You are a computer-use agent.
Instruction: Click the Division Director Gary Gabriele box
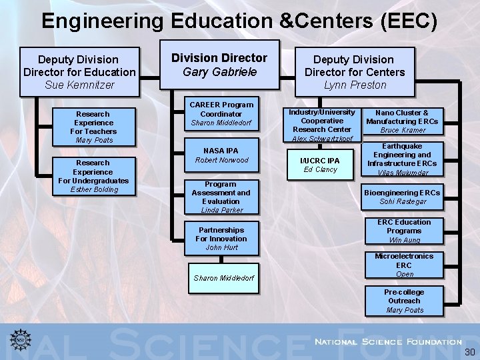[x=219, y=65]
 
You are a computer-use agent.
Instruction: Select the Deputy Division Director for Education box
[x=79, y=72]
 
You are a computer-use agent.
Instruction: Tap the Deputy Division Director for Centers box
[x=355, y=72]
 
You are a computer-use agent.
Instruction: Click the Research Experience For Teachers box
[x=94, y=127]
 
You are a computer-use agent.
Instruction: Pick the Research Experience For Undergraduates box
[x=94, y=176]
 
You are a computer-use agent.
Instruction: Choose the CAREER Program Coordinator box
[x=221, y=113]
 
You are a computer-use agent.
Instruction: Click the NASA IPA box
[x=221, y=155]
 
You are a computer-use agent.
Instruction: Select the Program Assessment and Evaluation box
[x=221, y=197]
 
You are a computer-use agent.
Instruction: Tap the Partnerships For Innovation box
[x=221, y=239]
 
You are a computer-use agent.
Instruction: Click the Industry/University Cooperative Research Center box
[x=321, y=124]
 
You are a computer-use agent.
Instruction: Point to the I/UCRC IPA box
[x=320, y=165]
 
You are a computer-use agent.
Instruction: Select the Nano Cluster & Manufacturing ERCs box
[x=402, y=121]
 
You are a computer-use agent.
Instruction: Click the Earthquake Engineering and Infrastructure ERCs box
[x=402, y=159]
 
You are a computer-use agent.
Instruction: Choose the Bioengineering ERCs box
[x=402, y=197]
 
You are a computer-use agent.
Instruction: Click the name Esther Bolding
[x=94, y=189]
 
